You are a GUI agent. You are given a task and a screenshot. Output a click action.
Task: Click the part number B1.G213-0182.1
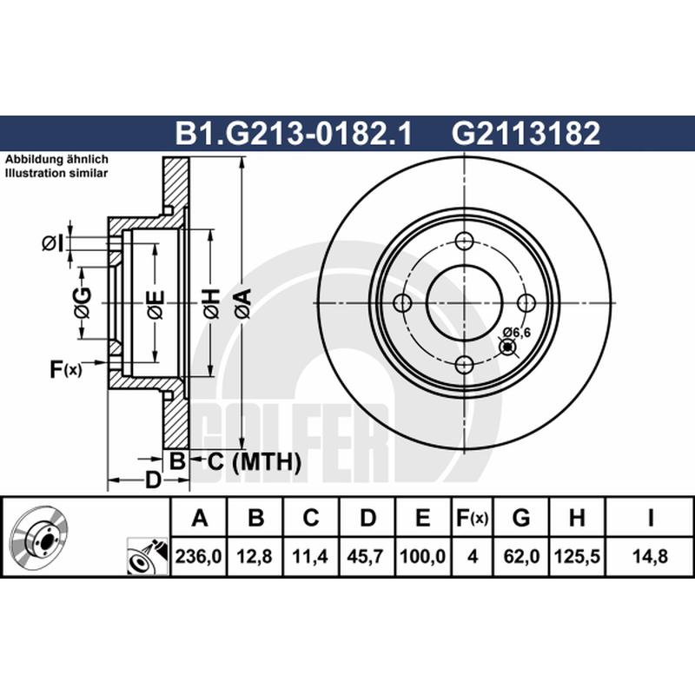(294, 133)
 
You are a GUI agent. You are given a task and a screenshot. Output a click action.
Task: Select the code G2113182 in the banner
(526, 133)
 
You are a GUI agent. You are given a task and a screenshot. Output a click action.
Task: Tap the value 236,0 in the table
(198, 556)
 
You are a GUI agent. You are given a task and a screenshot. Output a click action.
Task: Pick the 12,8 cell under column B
(255, 556)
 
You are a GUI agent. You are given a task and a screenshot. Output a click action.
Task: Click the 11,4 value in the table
(310, 556)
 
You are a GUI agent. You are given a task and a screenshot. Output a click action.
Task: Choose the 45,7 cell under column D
(366, 556)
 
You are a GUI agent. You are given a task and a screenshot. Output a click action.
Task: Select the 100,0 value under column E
(422, 556)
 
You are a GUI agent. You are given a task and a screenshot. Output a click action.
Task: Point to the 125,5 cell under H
(577, 556)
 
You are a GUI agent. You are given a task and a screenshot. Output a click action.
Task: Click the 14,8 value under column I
(650, 556)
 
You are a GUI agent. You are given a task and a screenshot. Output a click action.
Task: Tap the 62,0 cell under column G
(521, 556)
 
